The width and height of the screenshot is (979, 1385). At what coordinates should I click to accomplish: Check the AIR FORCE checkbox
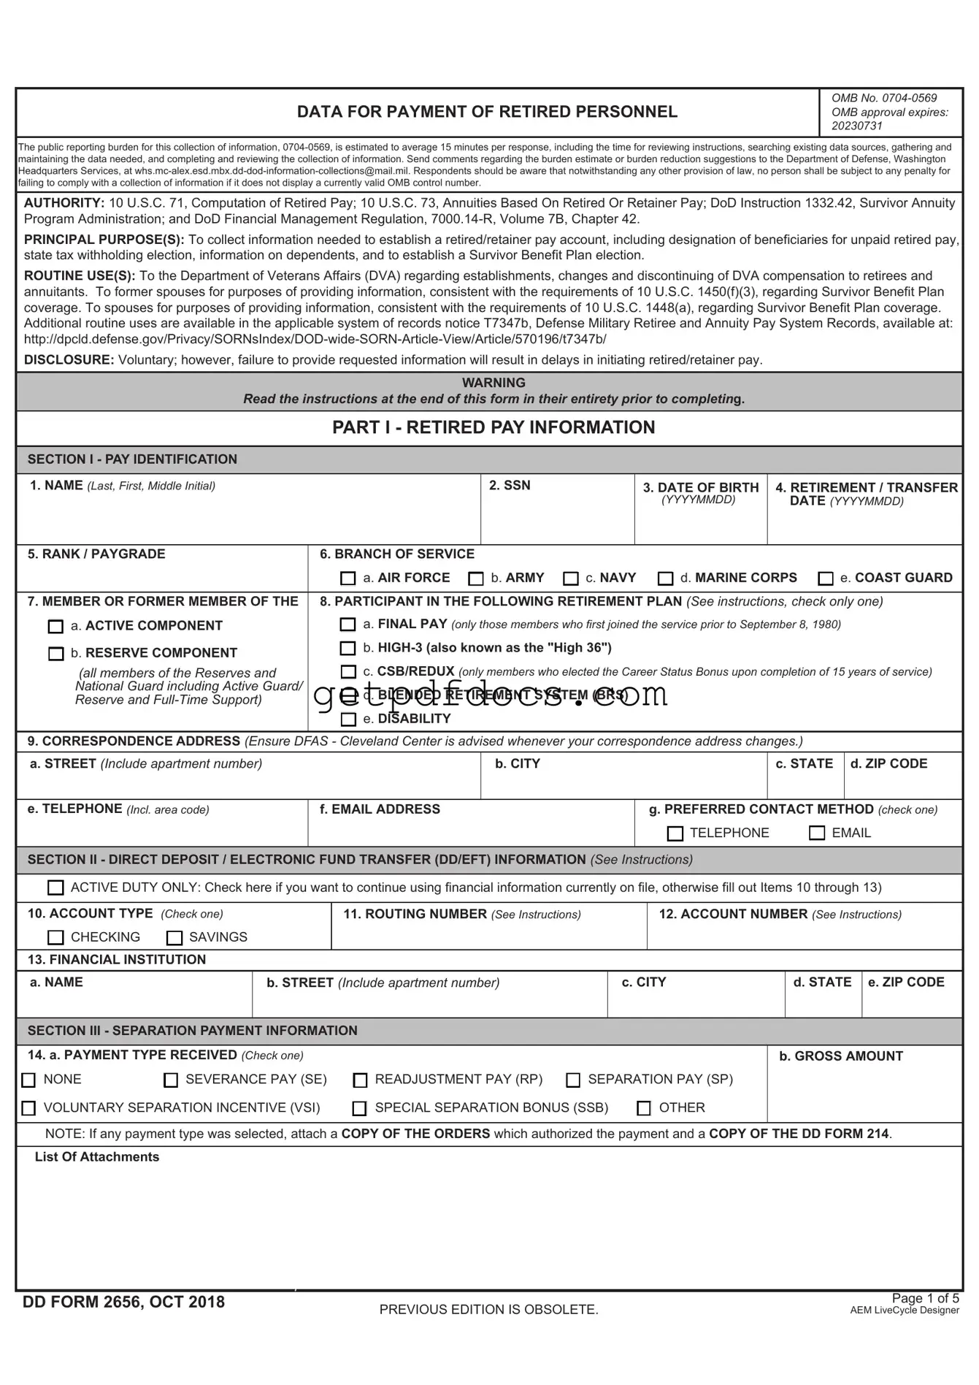tap(348, 579)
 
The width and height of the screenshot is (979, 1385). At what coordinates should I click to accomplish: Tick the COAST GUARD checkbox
tap(826, 579)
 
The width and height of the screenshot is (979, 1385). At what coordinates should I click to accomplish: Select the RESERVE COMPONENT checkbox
tap(55, 654)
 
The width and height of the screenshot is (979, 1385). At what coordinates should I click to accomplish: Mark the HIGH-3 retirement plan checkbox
tap(348, 649)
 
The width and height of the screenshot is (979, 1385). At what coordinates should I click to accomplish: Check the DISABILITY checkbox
tap(348, 720)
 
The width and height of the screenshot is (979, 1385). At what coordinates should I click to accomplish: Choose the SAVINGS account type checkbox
tap(174, 938)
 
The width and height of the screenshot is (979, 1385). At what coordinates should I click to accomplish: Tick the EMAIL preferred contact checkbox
tap(817, 833)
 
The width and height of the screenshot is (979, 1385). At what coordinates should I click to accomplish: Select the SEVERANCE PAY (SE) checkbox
tap(171, 1080)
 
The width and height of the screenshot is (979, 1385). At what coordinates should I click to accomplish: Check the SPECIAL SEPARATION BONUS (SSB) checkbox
tap(359, 1109)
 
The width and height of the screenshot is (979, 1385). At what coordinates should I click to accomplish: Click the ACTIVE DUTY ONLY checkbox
tap(55, 888)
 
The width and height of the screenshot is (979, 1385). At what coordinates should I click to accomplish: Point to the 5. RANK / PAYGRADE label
tap(96, 554)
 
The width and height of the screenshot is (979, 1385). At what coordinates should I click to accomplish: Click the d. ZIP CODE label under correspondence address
tap(888, 764)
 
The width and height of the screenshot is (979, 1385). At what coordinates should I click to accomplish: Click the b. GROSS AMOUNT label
tap(840, 1056)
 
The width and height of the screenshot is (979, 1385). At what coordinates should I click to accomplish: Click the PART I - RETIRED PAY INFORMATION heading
tap(494, 428)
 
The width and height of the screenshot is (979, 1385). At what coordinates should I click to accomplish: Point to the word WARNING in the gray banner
tap(494, 383)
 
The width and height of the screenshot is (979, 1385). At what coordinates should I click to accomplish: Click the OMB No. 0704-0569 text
tap(883, 98)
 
